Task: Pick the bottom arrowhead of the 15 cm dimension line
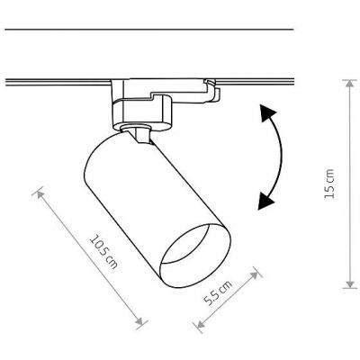point(348,286)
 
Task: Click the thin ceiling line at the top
point(148,31)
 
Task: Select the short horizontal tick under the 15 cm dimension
point(348,290)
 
